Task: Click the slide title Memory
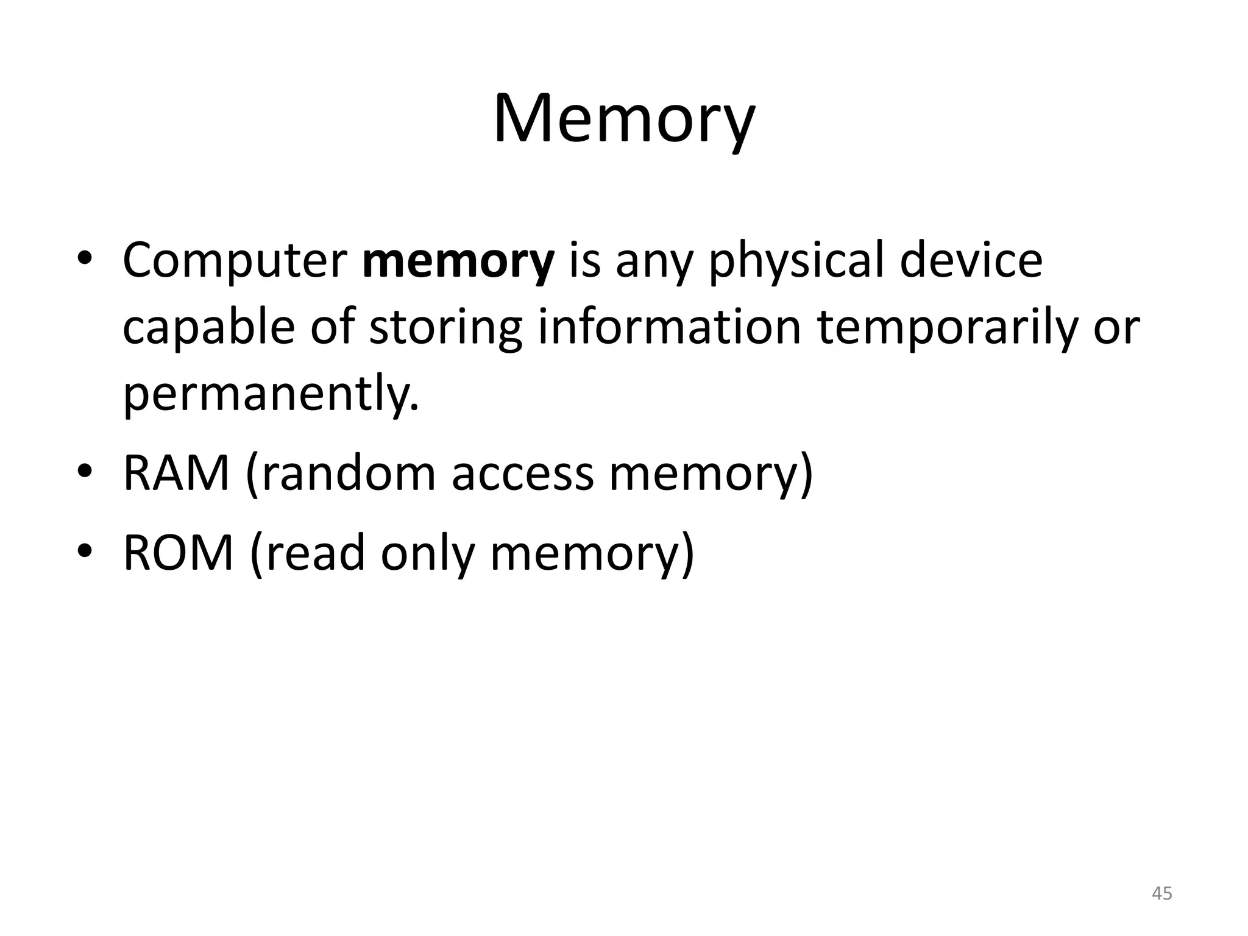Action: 623,119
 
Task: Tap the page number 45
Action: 1162,893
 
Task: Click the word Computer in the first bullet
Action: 235,261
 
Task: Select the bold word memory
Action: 458,261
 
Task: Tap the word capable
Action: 208,327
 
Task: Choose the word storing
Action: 446,327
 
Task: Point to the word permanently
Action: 271,394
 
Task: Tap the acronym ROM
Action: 179,553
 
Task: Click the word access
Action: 522,475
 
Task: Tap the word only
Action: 427,553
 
